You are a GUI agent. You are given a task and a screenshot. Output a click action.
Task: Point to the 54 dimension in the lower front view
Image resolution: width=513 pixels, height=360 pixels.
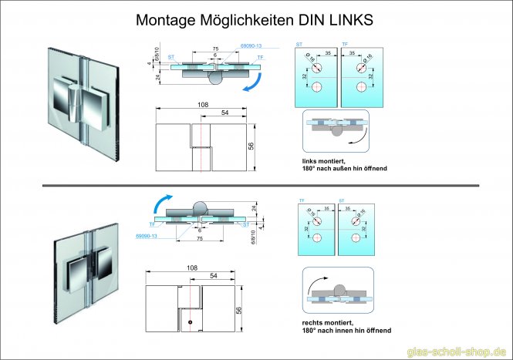coord(211,274)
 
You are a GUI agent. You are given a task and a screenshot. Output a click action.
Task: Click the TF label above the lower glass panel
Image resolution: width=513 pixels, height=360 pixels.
coord(301,200)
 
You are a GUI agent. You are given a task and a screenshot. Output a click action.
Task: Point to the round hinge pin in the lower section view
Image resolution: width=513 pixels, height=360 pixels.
coord(199,208)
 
